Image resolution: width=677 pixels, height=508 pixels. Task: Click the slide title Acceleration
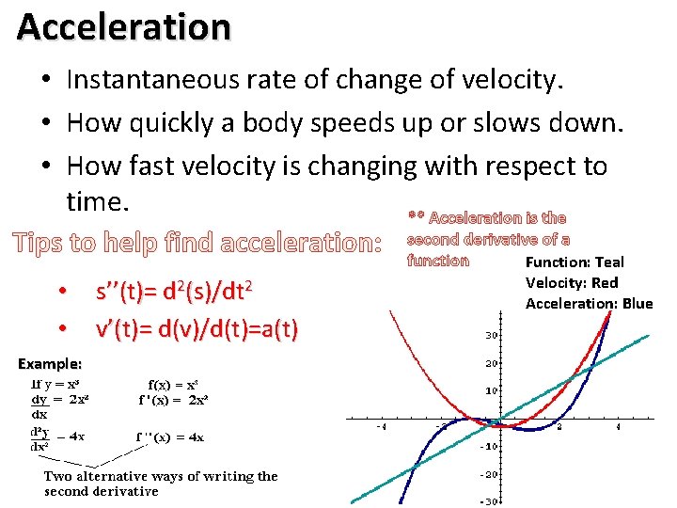coord(123,26)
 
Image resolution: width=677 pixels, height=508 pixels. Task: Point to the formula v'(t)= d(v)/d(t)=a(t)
coord(197,329)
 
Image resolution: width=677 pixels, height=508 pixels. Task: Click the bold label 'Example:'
coord(51,363)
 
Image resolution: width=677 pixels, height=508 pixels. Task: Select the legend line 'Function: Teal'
coord(575,262)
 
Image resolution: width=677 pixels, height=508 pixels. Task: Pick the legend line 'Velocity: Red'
coord(572,283)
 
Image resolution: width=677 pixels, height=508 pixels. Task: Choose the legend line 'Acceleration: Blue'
coord(589,303)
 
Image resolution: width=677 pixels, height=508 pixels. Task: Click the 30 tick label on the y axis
coord(491,336)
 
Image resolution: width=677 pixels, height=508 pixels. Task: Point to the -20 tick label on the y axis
coord(488,474)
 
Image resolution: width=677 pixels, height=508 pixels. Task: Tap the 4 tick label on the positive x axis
coord(618,428)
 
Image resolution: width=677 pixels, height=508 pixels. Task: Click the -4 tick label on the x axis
coord(381,428)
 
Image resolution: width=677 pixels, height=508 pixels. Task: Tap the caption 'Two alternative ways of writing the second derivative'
coord(161,484)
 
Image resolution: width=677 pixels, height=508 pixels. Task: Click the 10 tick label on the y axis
coord(490,389)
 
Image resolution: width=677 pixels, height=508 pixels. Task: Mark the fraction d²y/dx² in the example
coord(40,439)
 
